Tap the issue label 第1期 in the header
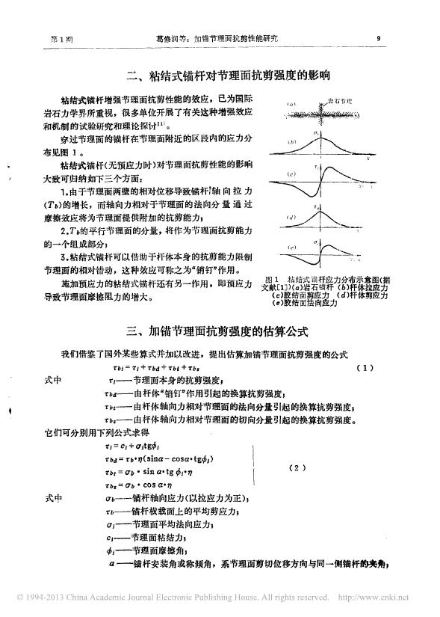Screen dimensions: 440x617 pos(58,37)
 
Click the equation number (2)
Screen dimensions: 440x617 pos(297,468)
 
